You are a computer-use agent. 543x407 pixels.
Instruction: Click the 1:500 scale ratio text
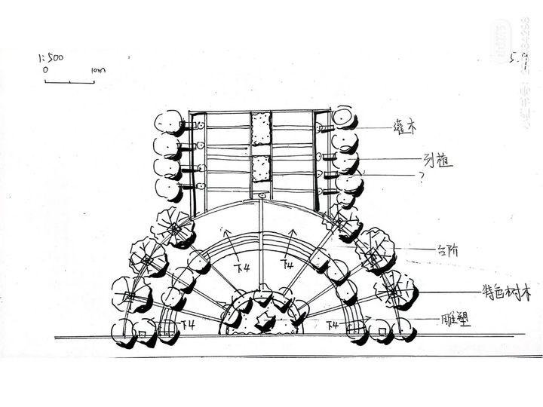click(x=51, y=57)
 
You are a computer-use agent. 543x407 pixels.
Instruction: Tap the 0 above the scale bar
click(x=46, y=69)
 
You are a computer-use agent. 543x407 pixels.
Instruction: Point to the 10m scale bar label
click(x=97, y=70)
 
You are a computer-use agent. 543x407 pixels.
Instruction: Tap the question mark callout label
click(x=420, y=175)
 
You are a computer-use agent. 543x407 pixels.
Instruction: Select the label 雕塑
click(x=452, y=320)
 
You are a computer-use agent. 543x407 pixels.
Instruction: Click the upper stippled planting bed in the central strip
click(x=261, y=128)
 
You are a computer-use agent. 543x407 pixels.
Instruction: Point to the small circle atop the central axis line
click(x=261, y=197)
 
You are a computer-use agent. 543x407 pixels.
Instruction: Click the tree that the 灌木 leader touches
click(x=344, y=118)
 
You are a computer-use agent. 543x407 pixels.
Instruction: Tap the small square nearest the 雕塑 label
click(x=382, y=331)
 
